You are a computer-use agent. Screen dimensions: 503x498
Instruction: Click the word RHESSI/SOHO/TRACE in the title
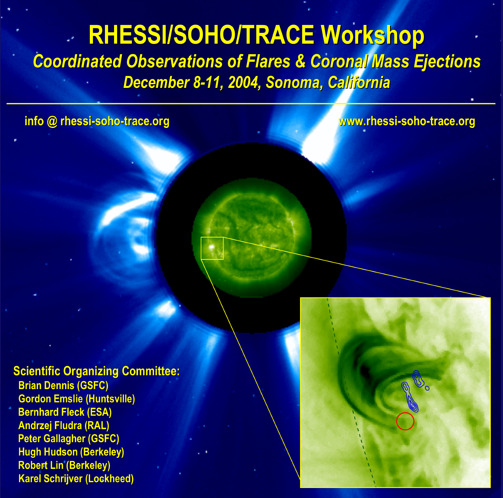click(x=202, y=35)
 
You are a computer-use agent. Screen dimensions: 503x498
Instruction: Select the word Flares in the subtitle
click(x=268, y=62)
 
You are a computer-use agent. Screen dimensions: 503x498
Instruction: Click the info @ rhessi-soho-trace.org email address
click(x=97, y=121)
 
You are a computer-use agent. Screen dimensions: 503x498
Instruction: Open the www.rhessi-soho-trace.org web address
click(x=407, y=121)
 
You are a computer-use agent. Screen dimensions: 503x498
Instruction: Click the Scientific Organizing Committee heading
click(x=96, y=371)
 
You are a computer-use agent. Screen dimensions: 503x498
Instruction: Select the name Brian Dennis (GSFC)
click(x=63, y=385)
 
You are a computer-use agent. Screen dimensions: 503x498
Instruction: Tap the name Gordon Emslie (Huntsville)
click(x=77, y=399)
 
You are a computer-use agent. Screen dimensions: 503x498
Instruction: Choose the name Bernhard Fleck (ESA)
click(x=65, y=412)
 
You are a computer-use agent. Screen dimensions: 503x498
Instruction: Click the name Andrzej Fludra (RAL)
click(x=64, y=425)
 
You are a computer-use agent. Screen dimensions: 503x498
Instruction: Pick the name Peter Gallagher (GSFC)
click(x=69, y=439)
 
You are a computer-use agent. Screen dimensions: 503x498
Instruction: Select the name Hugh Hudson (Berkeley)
click(x=71, y=452)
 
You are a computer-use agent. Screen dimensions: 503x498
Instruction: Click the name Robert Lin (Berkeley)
click(x=64, y=465)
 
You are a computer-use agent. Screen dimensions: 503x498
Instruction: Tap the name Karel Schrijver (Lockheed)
click(x=76, y=478)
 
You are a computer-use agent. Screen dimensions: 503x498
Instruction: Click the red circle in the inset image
click(x=397, y=421)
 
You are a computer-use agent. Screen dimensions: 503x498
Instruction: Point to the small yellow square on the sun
click(x=201, y=248)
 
